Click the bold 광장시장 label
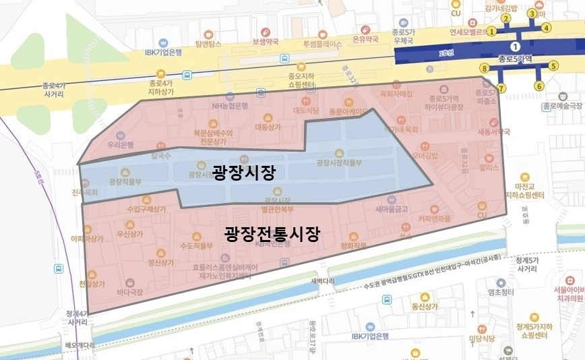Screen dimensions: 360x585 pos(243,173)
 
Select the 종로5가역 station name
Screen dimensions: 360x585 pos(516,59)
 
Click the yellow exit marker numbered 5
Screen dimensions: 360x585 pos(553,66)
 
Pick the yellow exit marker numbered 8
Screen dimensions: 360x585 pos(484,69)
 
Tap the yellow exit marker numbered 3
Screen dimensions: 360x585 pos(532,13)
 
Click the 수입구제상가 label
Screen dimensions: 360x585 pos(146,209)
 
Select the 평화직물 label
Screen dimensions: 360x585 pos(353,245)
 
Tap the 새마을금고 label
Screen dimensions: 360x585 pos(392,209)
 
